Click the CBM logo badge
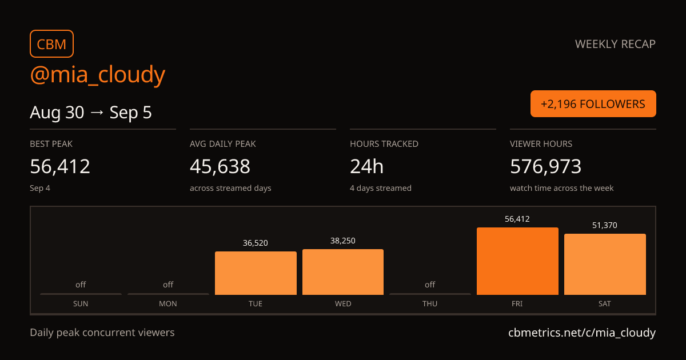[52, 44]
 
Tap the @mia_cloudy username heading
[98, 74]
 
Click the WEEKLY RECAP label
[615, 44]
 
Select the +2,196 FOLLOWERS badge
[593, 104]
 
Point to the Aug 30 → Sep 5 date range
[91, 113]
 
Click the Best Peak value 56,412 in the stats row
[60, 166]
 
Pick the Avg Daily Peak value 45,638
[220, 166]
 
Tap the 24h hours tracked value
[366, 166]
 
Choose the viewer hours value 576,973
[546, 166]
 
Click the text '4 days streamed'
[381, 188]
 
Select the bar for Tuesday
[256, 273]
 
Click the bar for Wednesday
[343, 272]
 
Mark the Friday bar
[517, 261]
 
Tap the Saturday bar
[605, 264]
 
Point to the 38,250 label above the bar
[343, 241]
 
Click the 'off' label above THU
[430, 285]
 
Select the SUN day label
[81, 303]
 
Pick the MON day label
[168, 303]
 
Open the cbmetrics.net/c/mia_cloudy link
[582, 333]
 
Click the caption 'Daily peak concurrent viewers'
[102, 333]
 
